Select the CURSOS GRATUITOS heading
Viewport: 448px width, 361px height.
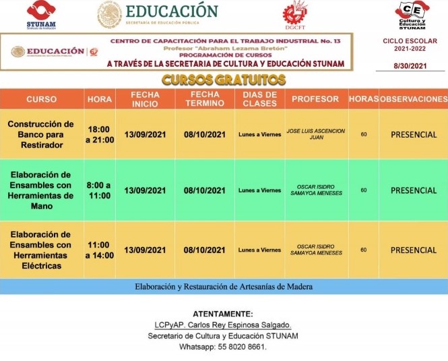pos(224,80)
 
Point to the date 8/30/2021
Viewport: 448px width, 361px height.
pos(411,65)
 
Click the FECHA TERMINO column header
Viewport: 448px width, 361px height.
pos(205,99)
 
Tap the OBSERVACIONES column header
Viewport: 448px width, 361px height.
pos(413,99)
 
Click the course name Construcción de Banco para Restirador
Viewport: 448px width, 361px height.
pos(40,134)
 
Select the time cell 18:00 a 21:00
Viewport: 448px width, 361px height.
pos(100,134)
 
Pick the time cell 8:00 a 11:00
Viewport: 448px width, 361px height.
pos(100,190)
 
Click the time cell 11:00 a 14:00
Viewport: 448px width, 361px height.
pos(100,250)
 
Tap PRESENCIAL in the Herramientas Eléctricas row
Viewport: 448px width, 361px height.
pos(413,250)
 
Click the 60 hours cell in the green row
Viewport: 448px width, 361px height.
pos(363,190)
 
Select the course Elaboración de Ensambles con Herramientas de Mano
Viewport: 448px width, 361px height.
pos(40,190)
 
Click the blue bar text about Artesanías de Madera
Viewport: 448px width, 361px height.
pos(224,286)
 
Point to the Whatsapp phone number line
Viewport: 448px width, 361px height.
pos(224,347)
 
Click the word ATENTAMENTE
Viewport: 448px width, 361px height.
pos(224,314)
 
